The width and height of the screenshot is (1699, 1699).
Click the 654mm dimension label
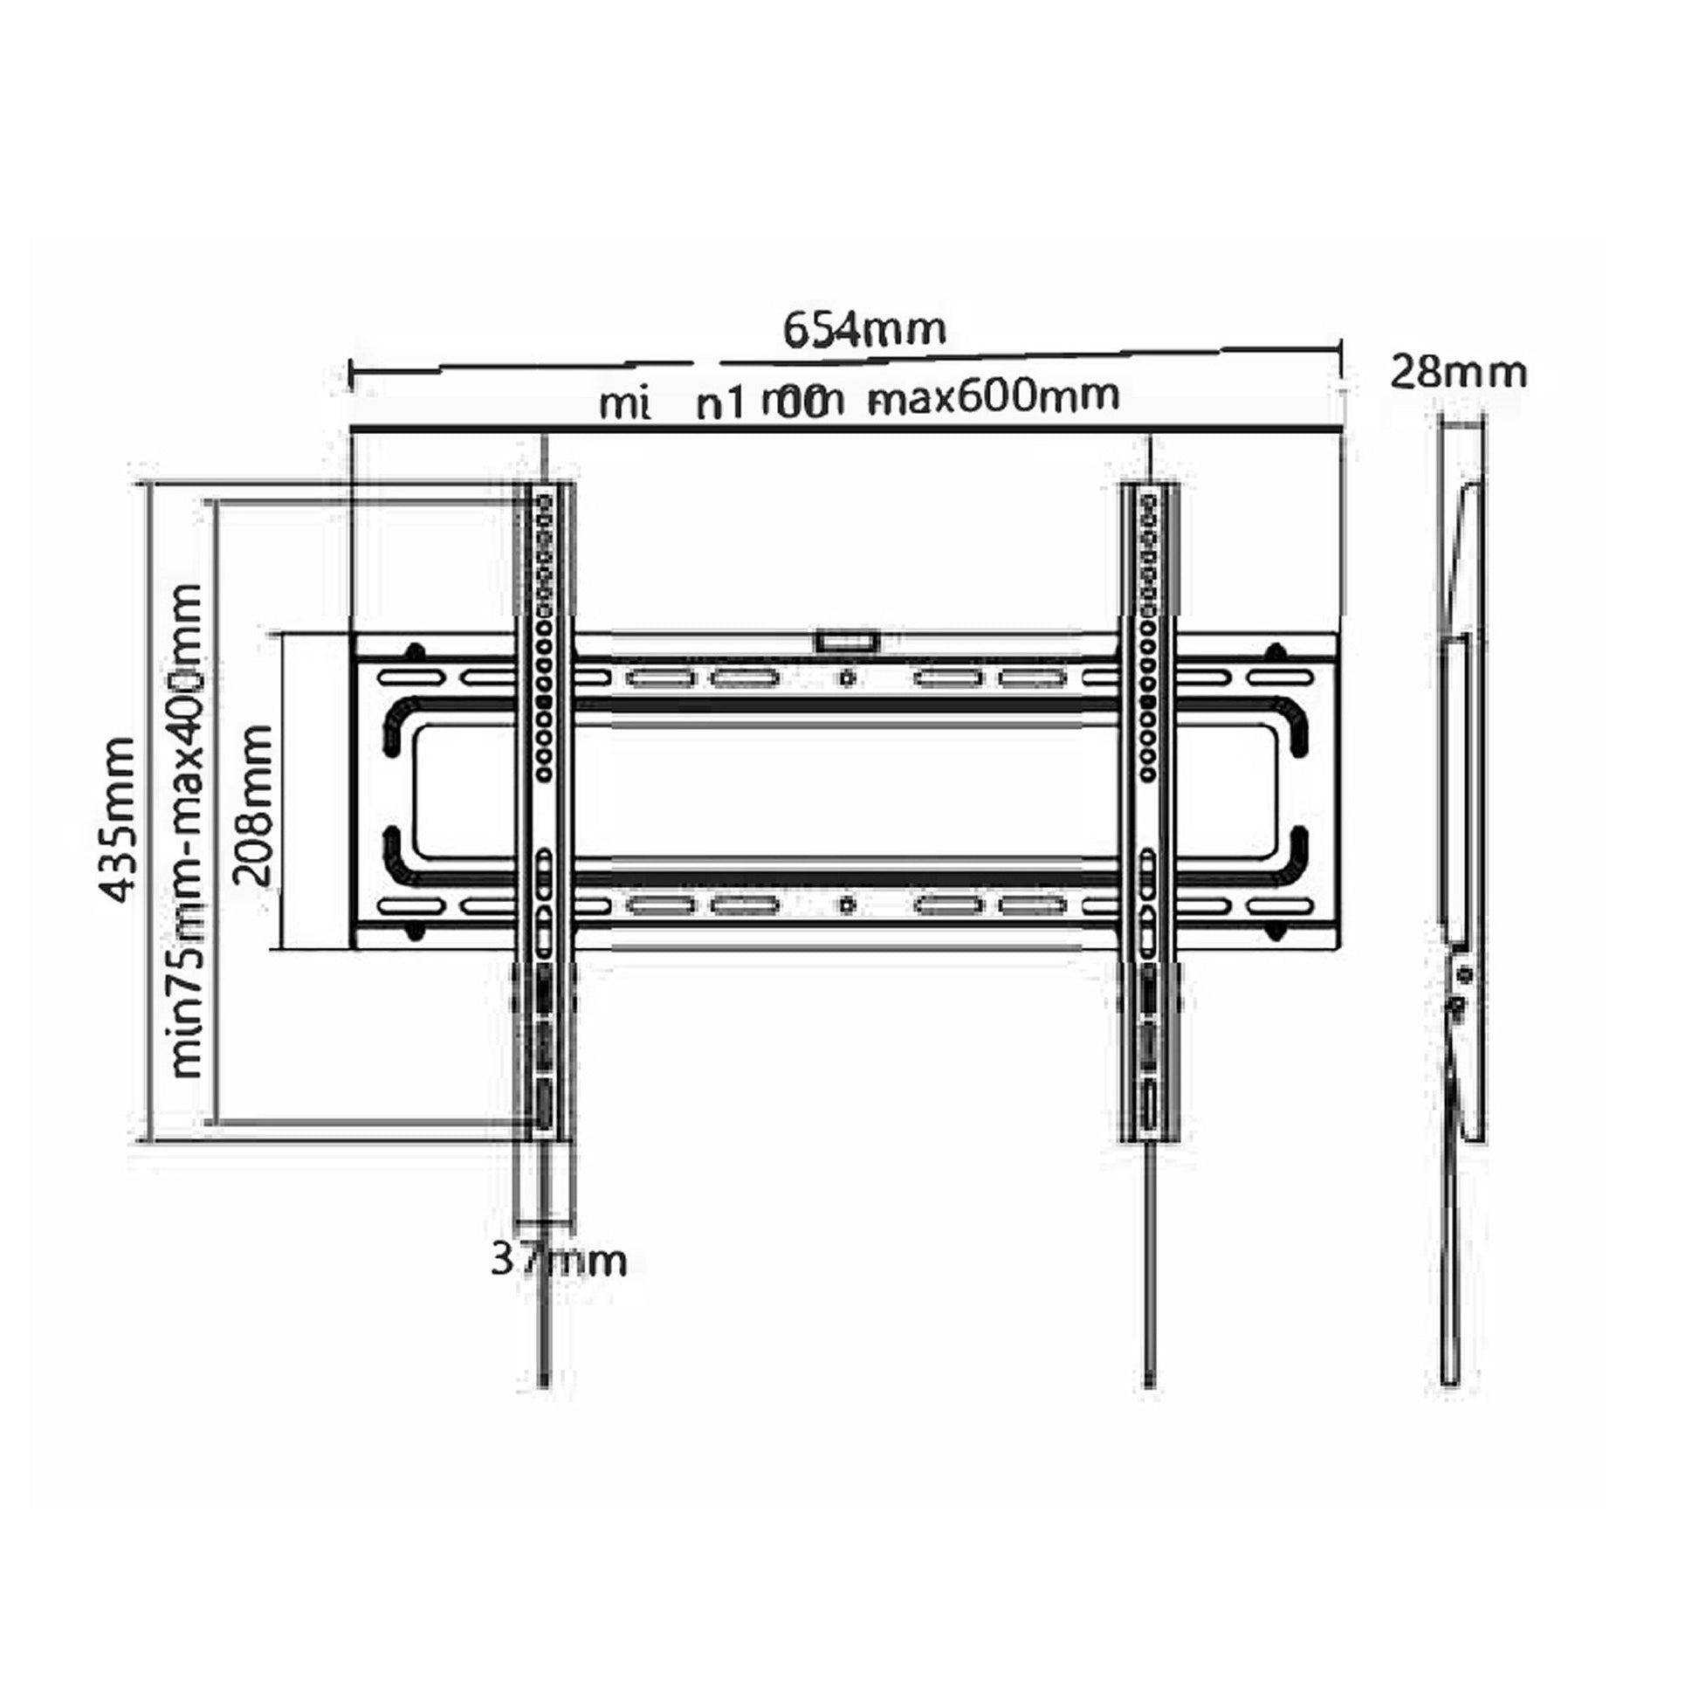coord(864,331)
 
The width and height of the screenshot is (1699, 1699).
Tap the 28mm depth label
coord(1458,373)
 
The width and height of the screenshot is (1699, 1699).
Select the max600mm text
coord(994,398)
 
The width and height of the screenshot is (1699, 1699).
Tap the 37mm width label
coord(558,1260)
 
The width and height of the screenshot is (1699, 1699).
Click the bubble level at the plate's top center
coord(847,641)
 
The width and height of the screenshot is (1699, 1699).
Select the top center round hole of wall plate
coord(847,678)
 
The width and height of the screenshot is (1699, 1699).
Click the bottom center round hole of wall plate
coord(847,905)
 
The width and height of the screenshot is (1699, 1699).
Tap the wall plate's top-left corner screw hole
coord(413,652)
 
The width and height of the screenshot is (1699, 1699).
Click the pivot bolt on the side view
coord(1464,973)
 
